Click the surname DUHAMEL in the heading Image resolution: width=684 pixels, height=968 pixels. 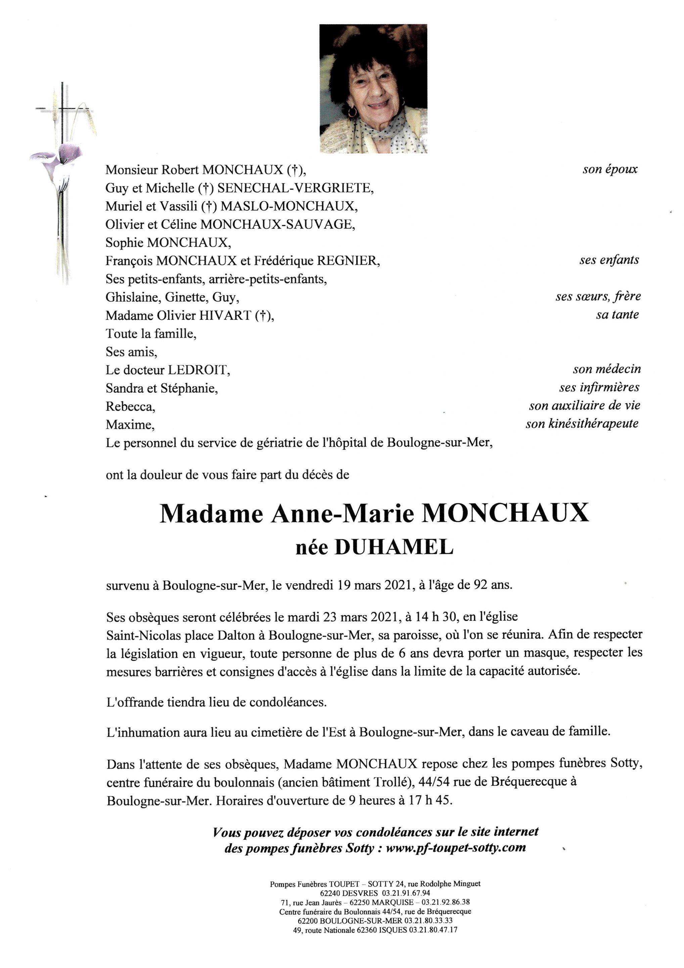pos(394,547)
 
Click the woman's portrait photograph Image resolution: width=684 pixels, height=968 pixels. pos(373,88)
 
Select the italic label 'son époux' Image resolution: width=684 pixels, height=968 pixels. pos(610,169)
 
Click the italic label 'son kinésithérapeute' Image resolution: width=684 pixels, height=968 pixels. pos(582,424)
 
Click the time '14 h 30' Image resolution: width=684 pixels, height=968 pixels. pos(436,617)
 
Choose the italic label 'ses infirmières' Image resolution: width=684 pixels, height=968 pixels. pos(599,388)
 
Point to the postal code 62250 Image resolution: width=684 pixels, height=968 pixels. pos(356,902)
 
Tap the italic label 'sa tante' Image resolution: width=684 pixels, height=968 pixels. pos(617,315)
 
